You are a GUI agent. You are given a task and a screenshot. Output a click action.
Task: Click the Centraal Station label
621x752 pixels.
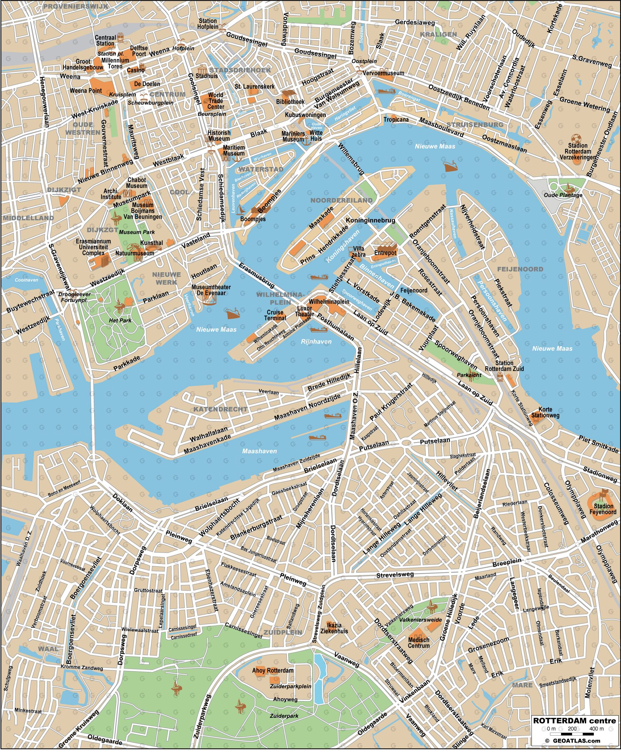(x=105, y=41)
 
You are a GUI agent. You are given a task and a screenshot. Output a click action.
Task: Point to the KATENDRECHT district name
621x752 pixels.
(x=220, y=409)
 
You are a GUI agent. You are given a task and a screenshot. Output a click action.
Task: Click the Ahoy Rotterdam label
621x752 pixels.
(x=273, y=670)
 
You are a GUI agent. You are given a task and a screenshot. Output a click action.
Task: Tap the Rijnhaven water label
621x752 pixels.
(x=316, y=341)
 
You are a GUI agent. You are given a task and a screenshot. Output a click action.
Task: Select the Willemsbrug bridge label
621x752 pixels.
(x=351, y=159)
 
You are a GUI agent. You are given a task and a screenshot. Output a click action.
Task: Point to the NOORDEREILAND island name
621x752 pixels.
(x=341, y=200)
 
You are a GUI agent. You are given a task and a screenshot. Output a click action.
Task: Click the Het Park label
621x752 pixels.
(x=120, y=320)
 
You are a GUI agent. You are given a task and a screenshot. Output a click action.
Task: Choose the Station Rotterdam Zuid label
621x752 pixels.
(x=504, y=366)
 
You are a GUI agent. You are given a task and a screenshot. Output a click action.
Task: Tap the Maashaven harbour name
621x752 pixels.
(x=259, y=451)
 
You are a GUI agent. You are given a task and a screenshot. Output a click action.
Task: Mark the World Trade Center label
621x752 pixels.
(x=216, y=101)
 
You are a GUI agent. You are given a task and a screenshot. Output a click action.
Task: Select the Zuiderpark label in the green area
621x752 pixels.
(x=284, y=716)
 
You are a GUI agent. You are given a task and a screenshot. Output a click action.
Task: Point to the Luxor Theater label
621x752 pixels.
(x=304, y=311)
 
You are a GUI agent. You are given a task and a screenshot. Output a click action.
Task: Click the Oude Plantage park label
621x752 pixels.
(x=563, y=195)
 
